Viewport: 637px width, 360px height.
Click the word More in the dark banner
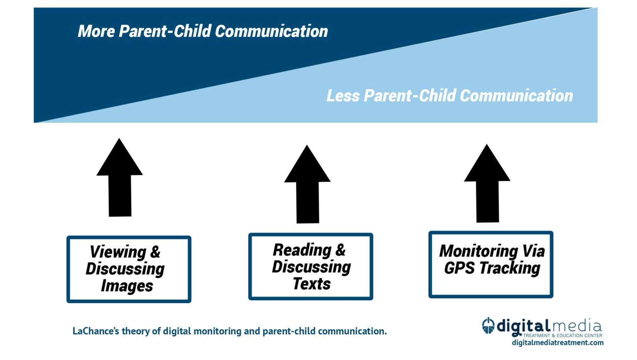click(x=96, y=32)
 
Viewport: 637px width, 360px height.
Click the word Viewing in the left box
click(x=118, y=252)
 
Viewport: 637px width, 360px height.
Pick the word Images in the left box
click(x=127, y=286)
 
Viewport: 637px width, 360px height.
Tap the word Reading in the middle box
click(x=302, y=250)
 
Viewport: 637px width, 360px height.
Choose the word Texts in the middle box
click(x=312, y=284)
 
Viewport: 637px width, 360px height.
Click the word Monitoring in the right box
click(x=478, y=251)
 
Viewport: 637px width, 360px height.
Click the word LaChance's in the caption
click(x=95, y=331)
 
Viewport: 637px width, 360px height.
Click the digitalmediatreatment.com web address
click(x=558, y=343)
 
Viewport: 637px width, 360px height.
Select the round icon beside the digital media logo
click(x=489, y=326)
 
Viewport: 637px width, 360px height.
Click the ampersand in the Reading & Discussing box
click(x=340, y=250)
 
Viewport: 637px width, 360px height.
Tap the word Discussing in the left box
click(x=125, y=269)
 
